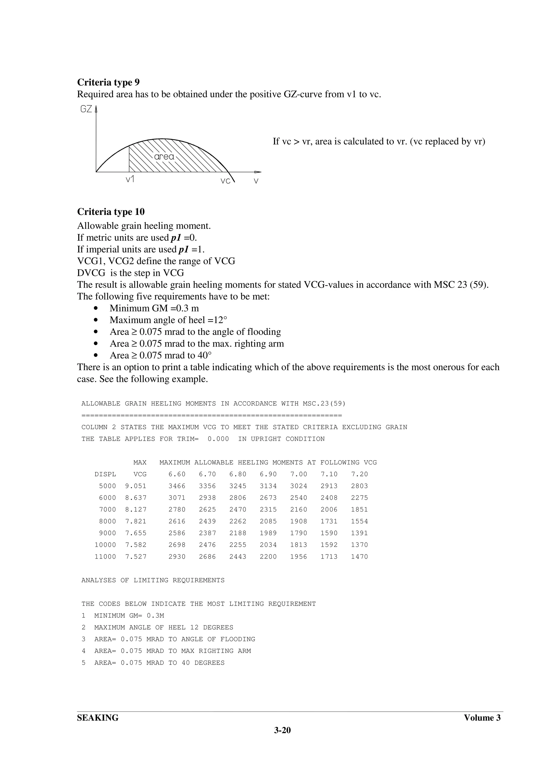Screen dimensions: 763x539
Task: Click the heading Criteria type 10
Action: [x=111, y=212]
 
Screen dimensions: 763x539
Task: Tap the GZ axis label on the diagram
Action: [x=86, y=109]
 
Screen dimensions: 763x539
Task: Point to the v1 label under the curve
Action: [x=130, y=180]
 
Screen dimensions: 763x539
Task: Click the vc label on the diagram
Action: [x=226, y=181]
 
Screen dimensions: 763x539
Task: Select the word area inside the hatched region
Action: [x=164, y=156]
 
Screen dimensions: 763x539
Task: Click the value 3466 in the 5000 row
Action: [x=177, y=486]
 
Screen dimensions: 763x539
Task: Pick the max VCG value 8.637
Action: [x=136, y=498]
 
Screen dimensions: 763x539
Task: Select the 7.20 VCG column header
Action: [x=359, y=474]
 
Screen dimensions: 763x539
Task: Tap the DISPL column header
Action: [x=105, y=474]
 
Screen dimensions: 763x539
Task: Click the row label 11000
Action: [x=105, y=557]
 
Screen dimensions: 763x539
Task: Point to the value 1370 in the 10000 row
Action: [x=359, y=545]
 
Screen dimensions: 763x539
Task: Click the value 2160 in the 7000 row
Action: [x=298, y=509]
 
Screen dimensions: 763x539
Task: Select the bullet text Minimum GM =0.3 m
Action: [x=154, y=308]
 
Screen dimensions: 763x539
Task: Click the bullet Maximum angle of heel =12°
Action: [x=168, y=320]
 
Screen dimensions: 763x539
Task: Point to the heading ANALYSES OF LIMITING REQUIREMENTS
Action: [x=153, y=580]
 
